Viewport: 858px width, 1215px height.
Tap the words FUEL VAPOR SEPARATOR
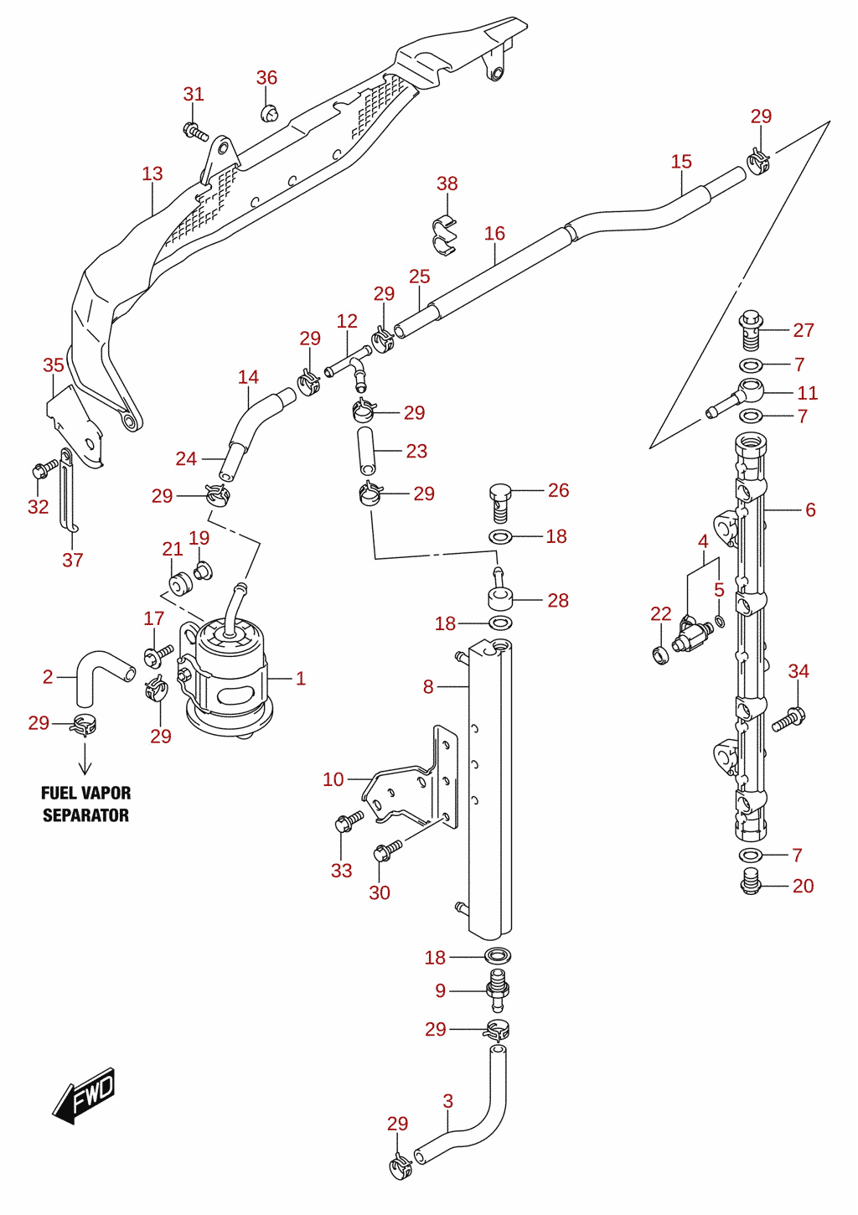click(86, 804)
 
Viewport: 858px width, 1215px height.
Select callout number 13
click(152, 173)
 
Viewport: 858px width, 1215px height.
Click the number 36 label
click(266, 78)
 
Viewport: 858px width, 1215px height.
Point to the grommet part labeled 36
click(269, 113)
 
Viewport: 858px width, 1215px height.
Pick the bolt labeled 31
click(195, 131)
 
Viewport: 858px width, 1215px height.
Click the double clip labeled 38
click(446, 236)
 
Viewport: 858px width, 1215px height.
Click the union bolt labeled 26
click(500, 503)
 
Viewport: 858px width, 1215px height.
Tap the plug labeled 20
click(751, 886)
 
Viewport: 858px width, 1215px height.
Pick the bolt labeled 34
click(788, 718)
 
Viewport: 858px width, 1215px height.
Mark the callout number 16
click(494, 233)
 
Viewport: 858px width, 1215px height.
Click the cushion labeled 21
click(181, 585)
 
